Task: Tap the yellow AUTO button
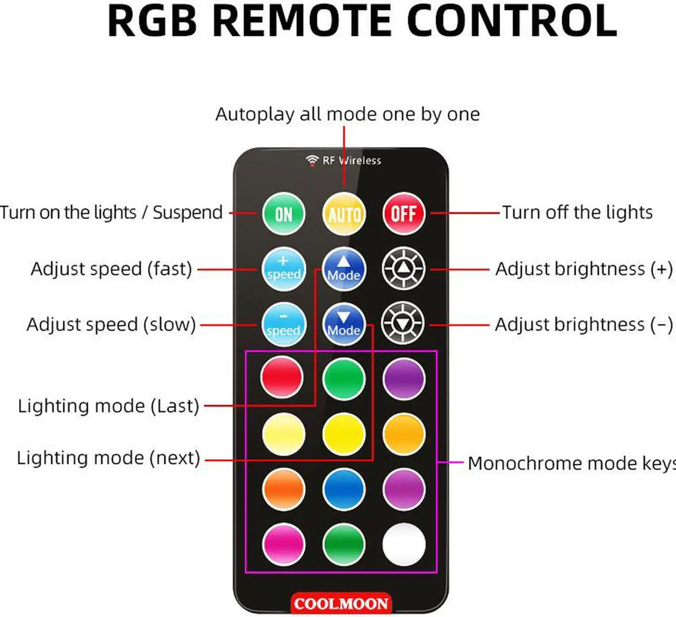coord(344,214)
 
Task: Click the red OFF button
coord(403,214)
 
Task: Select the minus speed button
coord(284,325)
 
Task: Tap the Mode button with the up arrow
coord(344,269)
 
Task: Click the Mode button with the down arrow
coord(344,324)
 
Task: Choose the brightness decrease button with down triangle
coord(402,324)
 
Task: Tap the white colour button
coord(403,545)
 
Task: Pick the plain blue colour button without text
coord(344,489)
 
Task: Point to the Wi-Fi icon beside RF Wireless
coord(313,160)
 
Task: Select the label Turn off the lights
coord(577,213)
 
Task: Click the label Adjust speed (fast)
coord(111,269)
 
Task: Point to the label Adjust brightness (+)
coord(584,269)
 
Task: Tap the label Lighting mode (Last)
coord(108,406)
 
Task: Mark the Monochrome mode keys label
coord(572,463)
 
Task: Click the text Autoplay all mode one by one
coord(348,115)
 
